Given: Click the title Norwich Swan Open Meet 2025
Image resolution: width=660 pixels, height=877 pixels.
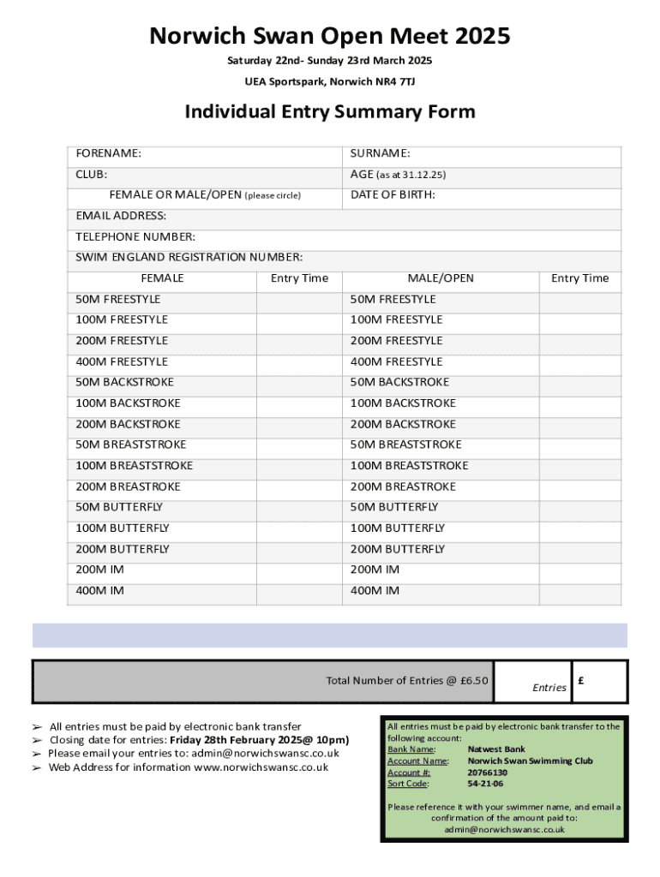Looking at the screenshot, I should pyautogui.click(x=330, y=36).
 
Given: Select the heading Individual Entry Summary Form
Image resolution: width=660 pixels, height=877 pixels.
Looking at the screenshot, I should pyautogui.click(x=330, y=112).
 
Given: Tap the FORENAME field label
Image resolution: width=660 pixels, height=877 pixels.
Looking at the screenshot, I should pyautogui.click(x=108, y=154).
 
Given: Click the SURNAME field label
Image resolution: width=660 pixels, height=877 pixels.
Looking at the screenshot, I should pyautogui.click(x=380, y=154).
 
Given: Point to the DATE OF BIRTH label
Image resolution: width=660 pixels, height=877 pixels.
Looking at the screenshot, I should pyautogui.click(x=393, y=195).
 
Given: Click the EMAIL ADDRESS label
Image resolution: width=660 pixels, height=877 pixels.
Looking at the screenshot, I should pyautogui.click(x=121, y=216).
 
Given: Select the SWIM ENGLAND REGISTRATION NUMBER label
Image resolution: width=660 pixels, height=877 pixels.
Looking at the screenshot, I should pyautogui.click(x=189, y=258).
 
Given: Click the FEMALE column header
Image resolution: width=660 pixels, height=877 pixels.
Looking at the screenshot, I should pyautogui.click(x=162, y=278).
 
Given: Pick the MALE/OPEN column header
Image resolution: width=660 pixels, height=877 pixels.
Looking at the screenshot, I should pyautogui.click(x=441, y=278).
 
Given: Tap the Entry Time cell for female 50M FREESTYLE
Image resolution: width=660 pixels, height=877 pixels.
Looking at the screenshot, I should pyautogui.click(x=299, y=300).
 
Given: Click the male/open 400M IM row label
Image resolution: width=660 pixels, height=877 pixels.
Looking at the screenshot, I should pyautogui.click(x=375, y=591).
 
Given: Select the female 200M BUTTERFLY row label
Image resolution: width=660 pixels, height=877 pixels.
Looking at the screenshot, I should pyautogui.click(x=123, y=549).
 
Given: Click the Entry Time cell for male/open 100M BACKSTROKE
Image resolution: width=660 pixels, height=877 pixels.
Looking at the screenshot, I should pyautogui.click(x=579, y=403).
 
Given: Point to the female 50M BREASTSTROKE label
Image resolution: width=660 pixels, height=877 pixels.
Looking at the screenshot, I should pyautogui.click(x=130, y=445).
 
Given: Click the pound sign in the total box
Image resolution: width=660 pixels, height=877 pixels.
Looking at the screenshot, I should pyautogui.click(x=581, y=681).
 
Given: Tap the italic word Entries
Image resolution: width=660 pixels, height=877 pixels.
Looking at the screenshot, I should pyautogui.click(x=549, y=688).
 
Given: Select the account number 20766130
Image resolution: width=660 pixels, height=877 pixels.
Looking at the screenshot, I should pyautogui.click(x=488, y=773).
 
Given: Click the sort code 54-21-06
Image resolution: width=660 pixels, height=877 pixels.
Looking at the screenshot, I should pyautogui.click(x=485, y=784).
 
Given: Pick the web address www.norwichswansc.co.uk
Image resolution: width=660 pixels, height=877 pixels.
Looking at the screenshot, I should pyautogui.click(x=261, y=767).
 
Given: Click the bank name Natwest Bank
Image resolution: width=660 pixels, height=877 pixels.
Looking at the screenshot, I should pyautogui.click(x=496, y=749).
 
